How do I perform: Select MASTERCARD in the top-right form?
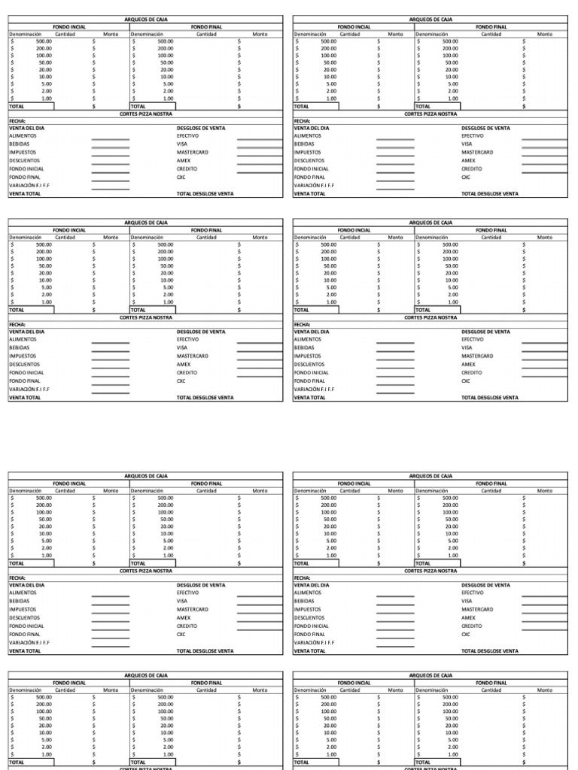(x=477, y=153)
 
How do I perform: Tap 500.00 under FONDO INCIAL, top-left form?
(x=44, y=41)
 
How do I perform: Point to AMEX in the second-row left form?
(x=184, y=365)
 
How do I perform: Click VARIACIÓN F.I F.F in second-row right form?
(x=314, y=390)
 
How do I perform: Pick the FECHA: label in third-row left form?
(x=17, y=577)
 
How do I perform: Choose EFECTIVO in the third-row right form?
(x=473, y=593)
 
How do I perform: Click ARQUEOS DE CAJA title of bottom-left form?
(x=145, y=676)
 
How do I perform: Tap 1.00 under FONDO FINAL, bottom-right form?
(x=452, y=754)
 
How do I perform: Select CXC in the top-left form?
(x=181, y=177)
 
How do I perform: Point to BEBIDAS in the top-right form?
(x=303, y=144)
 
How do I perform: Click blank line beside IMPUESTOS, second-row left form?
(x=110, y=356)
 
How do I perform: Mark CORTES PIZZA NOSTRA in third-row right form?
(x=430, y=571)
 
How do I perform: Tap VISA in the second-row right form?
(x=467, y=348)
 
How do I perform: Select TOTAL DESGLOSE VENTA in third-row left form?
(x=205, y=651)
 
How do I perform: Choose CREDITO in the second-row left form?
(x=187, y=373)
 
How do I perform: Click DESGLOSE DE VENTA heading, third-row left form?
(x=200, y=585)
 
